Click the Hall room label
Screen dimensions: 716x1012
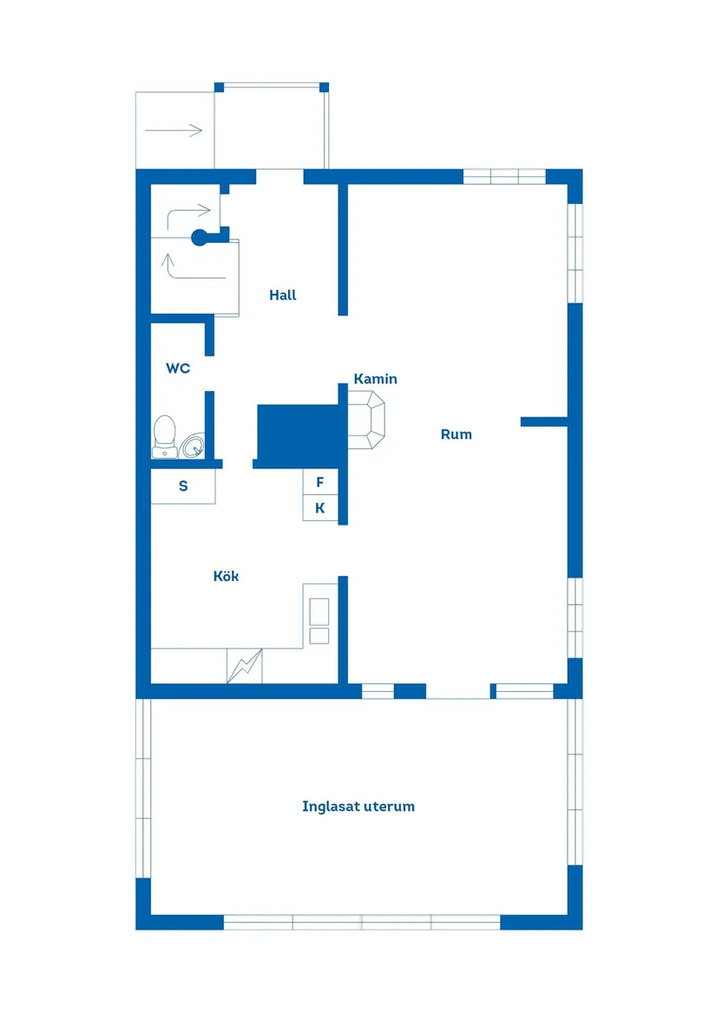pos(282,295)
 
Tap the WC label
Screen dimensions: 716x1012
pos(178,369)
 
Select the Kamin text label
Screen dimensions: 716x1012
pos(376,379)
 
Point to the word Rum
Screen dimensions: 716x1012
pos(457,434)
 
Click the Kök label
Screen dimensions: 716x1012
pos(227,576)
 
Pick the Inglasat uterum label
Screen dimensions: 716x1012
pos(358,806)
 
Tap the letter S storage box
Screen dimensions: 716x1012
pos(183,486)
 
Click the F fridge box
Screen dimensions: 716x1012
pos(320,482)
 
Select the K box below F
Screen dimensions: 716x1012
pos(320,508)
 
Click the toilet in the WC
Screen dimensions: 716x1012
pos(165,436)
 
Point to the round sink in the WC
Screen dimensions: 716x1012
pos(193,446)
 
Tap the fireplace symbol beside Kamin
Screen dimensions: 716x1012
pos(366,420)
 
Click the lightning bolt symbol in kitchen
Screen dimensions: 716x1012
pos(244,665)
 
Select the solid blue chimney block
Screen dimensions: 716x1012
pos(298,433)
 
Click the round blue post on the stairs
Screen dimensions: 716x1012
pos(200,238)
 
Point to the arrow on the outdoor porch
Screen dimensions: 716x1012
pos(174,130)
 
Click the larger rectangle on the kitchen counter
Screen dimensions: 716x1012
pos(319,611)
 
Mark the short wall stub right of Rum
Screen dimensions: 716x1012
pos(544,422)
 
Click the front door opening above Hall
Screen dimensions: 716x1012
pos(279,176)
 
